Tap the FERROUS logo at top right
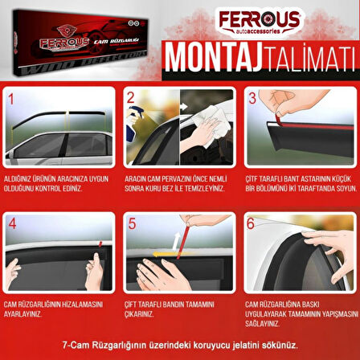click(259, 22)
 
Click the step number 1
click(10, 101)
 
